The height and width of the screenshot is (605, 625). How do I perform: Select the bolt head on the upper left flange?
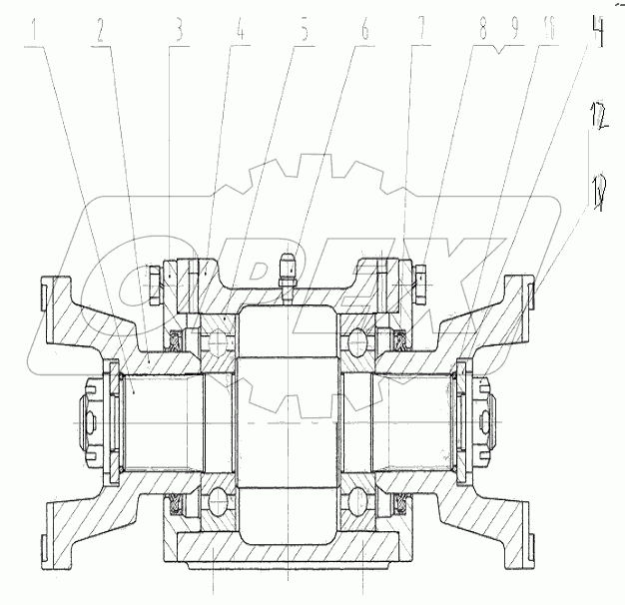(153, 284)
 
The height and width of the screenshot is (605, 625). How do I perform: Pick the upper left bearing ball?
(219, 341)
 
